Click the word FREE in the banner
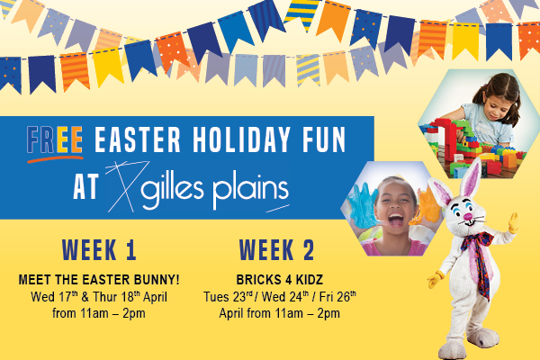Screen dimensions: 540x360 (55, 139)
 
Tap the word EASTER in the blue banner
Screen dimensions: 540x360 (138, 139)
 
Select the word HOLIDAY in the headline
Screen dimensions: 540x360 (241, 139)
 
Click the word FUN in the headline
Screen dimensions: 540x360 (324, 139)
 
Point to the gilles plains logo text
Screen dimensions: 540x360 (214, 190)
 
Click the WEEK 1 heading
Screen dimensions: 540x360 (99, 250)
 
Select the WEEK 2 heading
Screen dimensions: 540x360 (276, 250)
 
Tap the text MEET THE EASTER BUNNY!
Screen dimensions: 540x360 (99, 279)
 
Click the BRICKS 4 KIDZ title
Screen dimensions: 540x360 (280, 279)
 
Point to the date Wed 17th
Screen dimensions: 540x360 (54, 297)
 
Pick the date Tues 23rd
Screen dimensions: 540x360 (228, 297)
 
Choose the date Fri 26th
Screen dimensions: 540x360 (337, 297)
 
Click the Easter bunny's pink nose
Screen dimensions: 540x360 (468, 217)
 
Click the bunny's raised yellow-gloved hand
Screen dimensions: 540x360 (514, 223)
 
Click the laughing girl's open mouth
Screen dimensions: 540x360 (396, 220)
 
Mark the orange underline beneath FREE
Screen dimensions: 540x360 (55, 159)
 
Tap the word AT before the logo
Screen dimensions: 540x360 (86, 186)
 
